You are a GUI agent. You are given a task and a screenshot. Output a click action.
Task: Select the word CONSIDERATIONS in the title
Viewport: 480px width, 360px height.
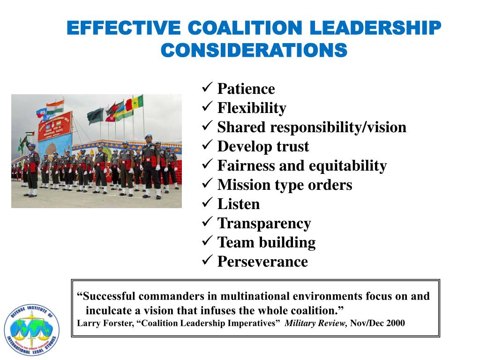click(x=254, y=50)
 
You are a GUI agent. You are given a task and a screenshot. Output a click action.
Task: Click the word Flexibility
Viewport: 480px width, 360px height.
click(x=251, y=108)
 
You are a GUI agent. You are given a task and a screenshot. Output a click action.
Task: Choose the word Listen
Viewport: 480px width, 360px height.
click(x=238, y=204)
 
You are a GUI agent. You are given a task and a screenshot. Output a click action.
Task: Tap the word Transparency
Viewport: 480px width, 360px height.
click(x=264, y=224)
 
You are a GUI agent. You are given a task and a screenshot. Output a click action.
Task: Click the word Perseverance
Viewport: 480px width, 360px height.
click(x=262, y=262)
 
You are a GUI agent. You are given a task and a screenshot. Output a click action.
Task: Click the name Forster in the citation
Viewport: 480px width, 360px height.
click(x=118, y=323)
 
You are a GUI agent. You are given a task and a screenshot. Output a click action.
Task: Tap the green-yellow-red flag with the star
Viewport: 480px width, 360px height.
click(x=135, y=103)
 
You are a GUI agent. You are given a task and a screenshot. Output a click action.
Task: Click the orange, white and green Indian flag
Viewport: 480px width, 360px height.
click(x=55, y=106)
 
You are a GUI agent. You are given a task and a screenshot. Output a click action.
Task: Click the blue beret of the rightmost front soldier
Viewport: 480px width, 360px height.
click(x=148, y=137)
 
